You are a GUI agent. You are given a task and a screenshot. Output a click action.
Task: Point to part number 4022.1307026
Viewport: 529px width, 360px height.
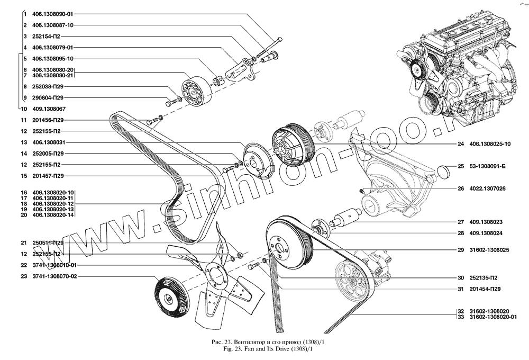tap(487, 188)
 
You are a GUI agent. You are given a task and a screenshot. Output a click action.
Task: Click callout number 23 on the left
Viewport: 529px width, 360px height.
tap(24, 276)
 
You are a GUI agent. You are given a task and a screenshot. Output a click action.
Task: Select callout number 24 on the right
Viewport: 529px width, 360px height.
tap(461, 143)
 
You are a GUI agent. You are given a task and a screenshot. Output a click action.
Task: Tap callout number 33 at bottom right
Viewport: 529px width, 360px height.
tap(461, 317)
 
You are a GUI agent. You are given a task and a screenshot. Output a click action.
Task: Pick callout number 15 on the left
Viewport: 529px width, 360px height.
tap(24, 175)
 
